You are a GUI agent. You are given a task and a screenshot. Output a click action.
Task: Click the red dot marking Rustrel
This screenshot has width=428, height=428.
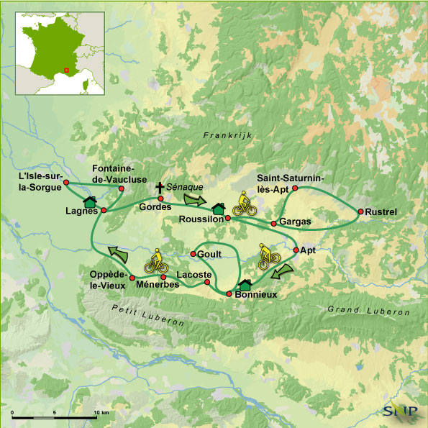pyautogui.click(x=359, y=211)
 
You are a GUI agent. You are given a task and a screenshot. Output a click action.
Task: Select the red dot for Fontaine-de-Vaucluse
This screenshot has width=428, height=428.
pyautogui.click(x=121, y=188)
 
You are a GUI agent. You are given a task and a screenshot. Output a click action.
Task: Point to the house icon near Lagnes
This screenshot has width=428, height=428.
pyautogui.click(x=90, y=201)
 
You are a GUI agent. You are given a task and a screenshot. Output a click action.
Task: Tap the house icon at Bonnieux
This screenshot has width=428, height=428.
pyautogui.click(x=245, y=285)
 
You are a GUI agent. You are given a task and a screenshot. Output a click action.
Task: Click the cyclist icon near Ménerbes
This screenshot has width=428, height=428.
pyautogui.click(x=155, y=260)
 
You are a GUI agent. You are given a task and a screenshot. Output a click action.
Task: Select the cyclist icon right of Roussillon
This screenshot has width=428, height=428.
pyautogui.click(x=242, y=204)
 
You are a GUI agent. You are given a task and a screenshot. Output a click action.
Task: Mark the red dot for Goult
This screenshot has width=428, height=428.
pyautogui.click(x=193, y=254)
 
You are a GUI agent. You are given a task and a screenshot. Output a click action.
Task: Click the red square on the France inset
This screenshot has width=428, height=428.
pyautogui.click(x=65, y=70)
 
